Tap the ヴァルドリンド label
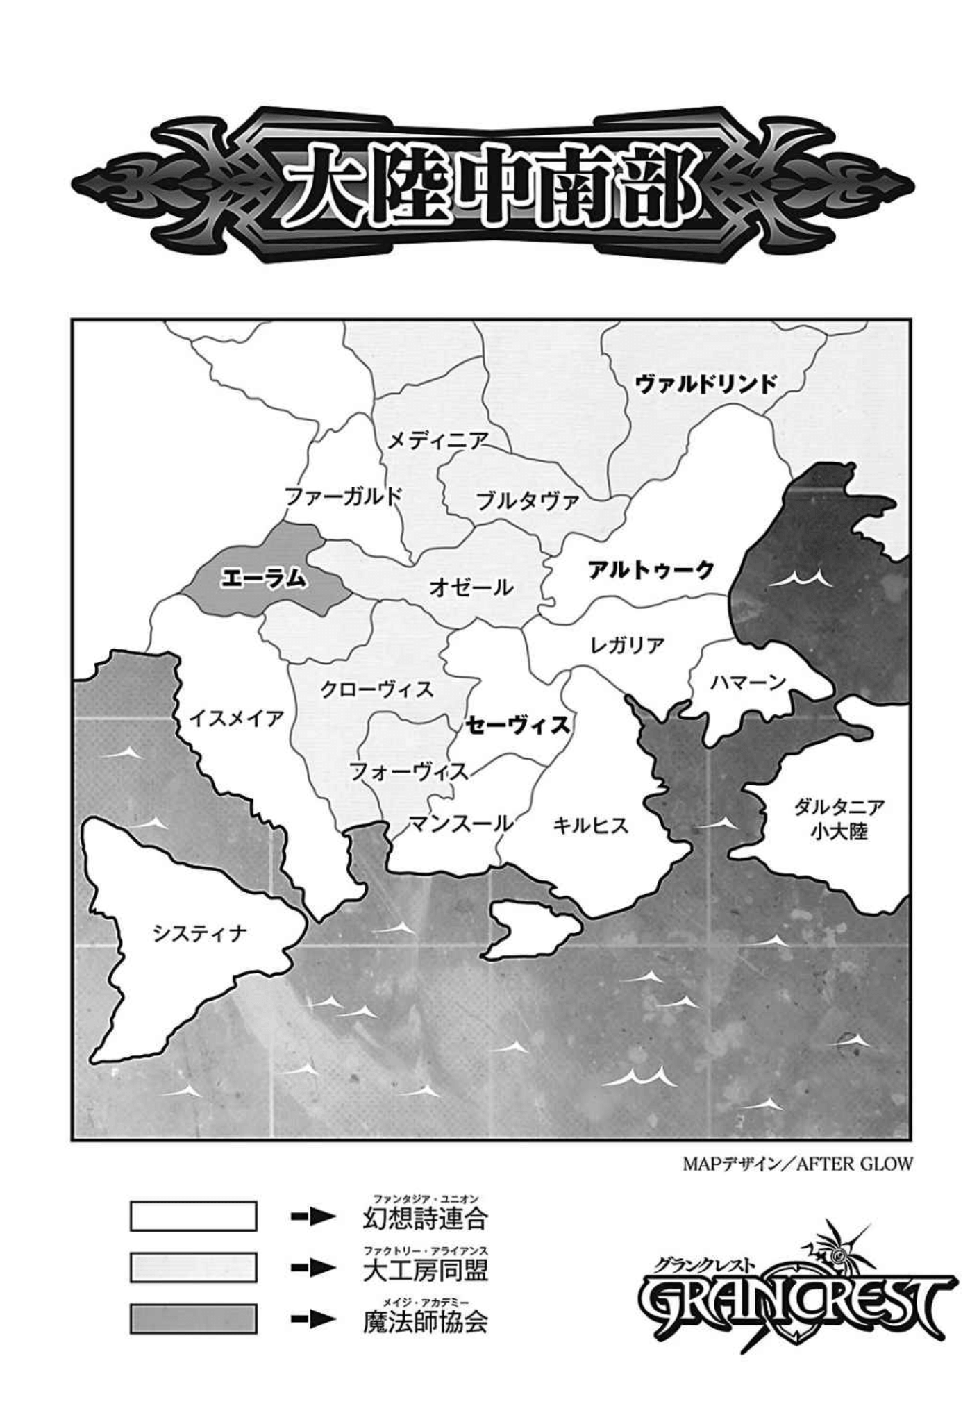706,383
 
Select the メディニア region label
437,440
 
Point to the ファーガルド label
344,496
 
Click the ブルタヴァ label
528,501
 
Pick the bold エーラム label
263,578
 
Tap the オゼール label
471,587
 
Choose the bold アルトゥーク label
651,570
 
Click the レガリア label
627,645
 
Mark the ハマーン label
746,683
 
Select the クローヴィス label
377,689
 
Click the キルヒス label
591,825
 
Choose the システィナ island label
200,934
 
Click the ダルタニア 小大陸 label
839,819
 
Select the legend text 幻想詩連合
425,1217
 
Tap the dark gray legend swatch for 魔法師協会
193,1319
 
